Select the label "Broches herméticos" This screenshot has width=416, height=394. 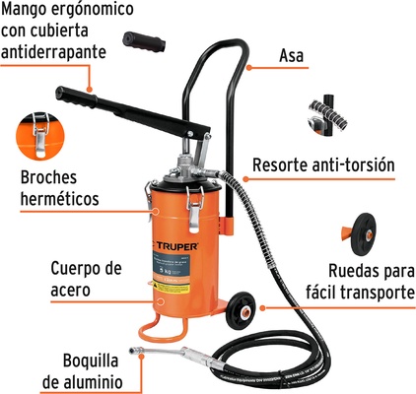click(59, 189)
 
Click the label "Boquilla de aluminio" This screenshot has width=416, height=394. click(63, 372)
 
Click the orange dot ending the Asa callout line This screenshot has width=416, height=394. click(244, 70)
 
